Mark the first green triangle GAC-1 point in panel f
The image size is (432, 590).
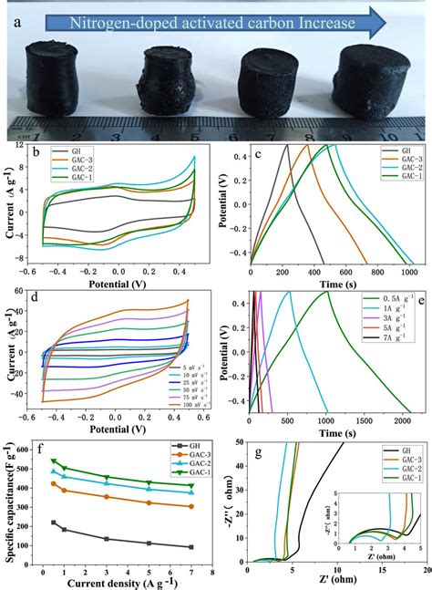point(54,461)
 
